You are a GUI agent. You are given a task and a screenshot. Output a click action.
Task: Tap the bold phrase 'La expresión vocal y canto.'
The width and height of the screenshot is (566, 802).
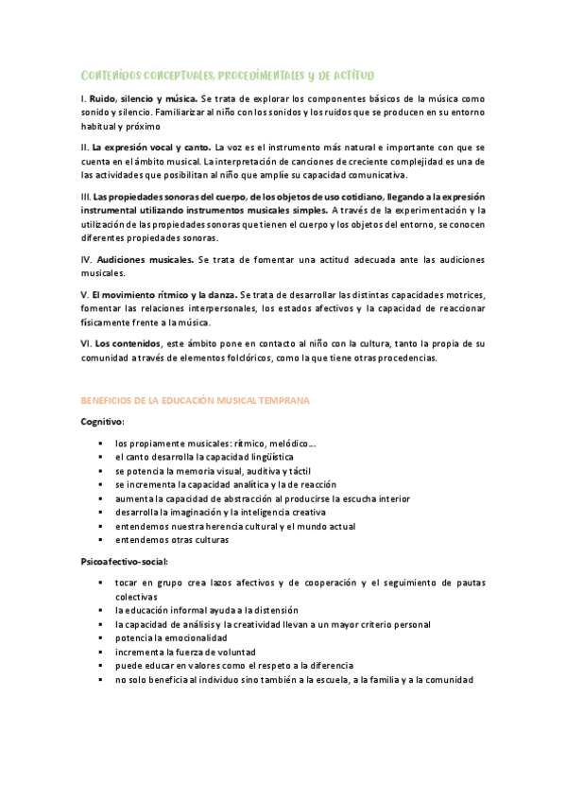tap(152, 148)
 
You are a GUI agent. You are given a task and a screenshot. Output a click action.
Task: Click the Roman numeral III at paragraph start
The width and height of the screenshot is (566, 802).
tap(86, 196)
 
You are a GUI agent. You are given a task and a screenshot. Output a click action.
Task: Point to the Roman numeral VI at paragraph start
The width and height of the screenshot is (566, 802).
tap(86, 343)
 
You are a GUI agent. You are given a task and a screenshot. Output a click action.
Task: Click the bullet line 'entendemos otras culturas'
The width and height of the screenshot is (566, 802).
tap(172, 540)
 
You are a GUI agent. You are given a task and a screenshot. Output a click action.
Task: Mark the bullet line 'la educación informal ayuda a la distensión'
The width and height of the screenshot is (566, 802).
tap(207, 611)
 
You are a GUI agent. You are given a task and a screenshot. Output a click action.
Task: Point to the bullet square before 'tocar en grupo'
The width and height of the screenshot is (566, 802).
tap(100, 583)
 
